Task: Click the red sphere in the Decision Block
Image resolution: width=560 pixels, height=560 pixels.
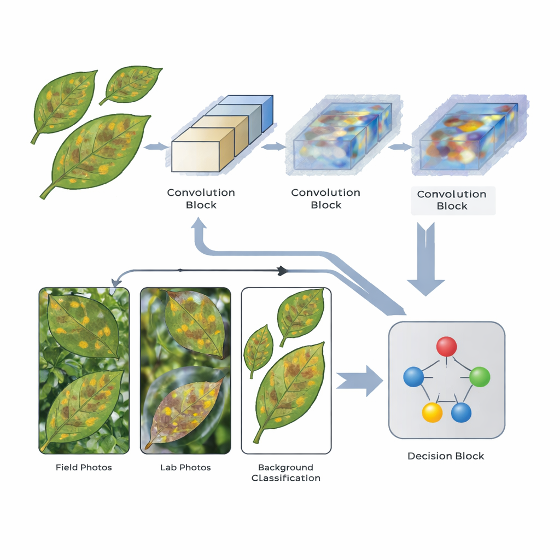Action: point(446,346)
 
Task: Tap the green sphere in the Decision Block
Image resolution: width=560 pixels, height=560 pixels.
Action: point(479,377)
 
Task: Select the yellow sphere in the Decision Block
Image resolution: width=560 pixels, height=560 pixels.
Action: point(432,412)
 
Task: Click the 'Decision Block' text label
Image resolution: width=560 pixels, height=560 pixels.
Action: point(446,456)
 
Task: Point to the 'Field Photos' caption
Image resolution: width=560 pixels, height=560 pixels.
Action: point(84,468)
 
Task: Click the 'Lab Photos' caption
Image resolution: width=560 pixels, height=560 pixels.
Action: point(185,468)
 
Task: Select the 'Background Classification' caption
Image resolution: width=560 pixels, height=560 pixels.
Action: point(285,472)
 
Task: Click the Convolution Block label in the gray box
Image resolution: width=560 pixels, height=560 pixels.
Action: point(452,200)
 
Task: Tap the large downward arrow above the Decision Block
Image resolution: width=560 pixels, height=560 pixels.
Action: point(425,259)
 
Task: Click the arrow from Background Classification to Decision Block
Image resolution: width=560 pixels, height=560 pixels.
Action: point(359,381)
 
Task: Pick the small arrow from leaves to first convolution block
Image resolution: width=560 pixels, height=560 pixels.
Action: point(156,147)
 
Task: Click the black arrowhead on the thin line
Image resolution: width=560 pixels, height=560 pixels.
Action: point(283,271)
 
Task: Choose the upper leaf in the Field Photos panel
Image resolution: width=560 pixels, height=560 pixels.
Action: point(84,325)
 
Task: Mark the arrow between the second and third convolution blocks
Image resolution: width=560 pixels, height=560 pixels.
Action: point(400,147)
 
